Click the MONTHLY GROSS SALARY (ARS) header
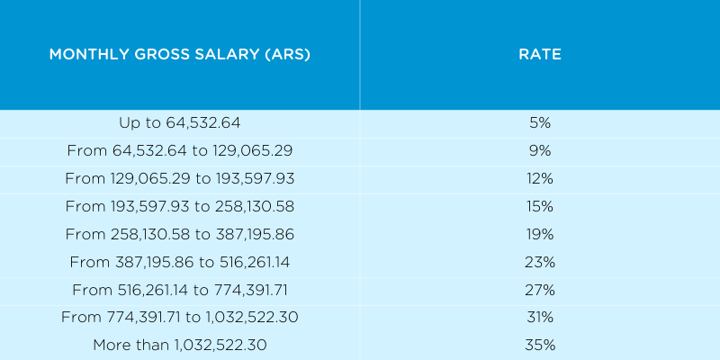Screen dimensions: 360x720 point(180,55)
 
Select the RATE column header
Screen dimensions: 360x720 point(540,55)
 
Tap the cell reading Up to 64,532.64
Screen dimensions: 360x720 point(180,121)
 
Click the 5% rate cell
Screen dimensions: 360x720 point(540,121)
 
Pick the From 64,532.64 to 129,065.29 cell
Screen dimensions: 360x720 point(180,150)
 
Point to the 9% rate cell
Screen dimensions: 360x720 point(540,150)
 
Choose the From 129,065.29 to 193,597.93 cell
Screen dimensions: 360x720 point(180,178)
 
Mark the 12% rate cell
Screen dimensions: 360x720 point(540,178)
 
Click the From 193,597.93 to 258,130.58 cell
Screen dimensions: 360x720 point(180,206)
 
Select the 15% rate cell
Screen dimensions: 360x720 point(540,206)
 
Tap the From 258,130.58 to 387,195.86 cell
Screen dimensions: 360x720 point(180,234)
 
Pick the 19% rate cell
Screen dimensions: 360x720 point(540,234)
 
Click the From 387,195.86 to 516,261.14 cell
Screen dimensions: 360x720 point(180,262)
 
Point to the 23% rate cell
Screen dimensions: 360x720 point(540,262)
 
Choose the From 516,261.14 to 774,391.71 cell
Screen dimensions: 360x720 point(180,290)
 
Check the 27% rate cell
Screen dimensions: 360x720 point(540,290)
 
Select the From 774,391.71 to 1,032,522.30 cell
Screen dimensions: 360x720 point(180,318)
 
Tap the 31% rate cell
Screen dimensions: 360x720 point(540,318)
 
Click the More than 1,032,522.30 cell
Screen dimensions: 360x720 point(180,345)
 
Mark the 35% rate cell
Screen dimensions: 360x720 point(540,345)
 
